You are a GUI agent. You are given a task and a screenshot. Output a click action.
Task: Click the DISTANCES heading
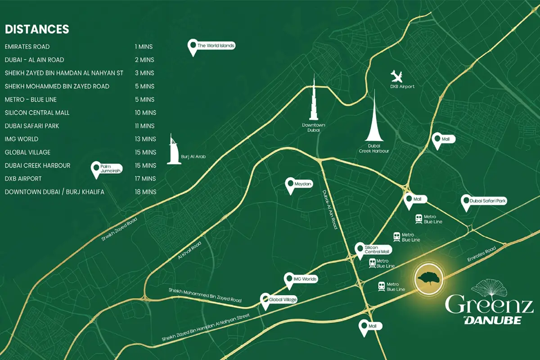pos(37,30)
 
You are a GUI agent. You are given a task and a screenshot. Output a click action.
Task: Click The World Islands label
pos(216,45)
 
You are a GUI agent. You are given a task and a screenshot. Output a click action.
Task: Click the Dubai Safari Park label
pos(488,201)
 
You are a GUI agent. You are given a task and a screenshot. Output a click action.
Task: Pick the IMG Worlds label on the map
pos(305,279)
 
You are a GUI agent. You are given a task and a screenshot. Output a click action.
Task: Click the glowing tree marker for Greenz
pos(429,279)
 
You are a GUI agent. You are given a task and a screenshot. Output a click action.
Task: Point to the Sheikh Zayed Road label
pos(119,230)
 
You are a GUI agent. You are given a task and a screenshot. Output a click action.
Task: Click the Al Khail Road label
pos(189,250)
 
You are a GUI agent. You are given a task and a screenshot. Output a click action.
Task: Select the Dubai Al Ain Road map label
pos(329,210)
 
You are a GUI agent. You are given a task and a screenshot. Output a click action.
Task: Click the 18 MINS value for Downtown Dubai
pos(145,192)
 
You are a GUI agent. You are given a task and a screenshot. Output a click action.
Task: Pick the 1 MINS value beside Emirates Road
pos(144,47)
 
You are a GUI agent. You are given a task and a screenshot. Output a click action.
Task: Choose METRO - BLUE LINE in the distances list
pos(31,99)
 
